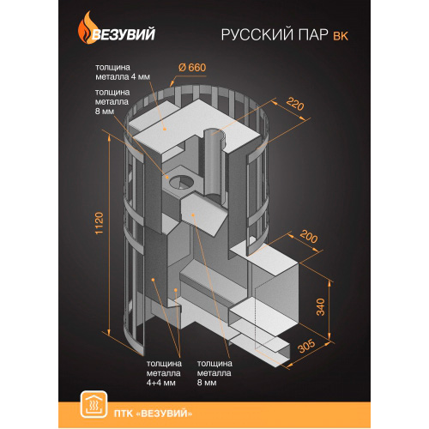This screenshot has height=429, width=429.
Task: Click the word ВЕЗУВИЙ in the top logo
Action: click(x=124, y=34)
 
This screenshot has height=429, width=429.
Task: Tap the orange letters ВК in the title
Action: click(x=341, y=36)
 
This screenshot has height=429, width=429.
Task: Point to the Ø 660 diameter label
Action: click(x=192, y=68)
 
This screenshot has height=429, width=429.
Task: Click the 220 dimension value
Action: click(x=295, y=104)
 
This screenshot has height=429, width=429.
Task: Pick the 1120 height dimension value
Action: click(x=99, y=223)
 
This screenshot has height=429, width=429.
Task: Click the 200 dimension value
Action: click(x=309, y=237)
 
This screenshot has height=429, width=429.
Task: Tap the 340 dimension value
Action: click(x=321, y=307)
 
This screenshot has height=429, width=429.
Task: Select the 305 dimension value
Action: click(x=306, y=347)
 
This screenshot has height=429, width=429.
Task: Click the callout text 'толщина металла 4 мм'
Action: click(x=123, y=72)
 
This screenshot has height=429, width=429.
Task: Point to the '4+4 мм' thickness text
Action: click(x=160, y=383)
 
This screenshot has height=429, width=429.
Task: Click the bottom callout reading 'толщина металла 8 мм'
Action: click(x=214, y=373)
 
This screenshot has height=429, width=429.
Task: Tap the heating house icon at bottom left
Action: click(x=94, y=404)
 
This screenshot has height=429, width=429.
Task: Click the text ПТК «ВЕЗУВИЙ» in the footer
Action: click(x=153, y=414)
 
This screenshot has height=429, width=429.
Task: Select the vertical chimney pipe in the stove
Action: click(x=214, y=165)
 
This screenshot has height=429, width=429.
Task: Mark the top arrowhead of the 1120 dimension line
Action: click(x=109, y=137)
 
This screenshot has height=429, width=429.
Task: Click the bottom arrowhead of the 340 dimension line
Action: click(x=329, y=337)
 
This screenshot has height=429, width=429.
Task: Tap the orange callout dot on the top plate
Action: click(x=165, y=130)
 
